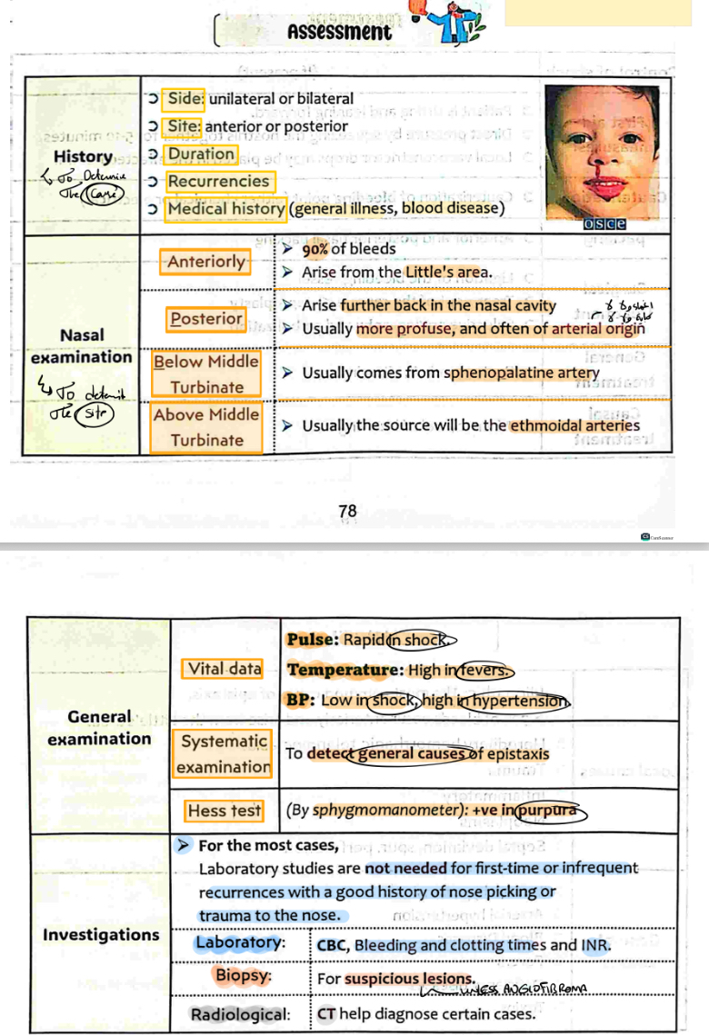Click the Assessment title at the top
point(338,33)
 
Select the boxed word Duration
point(201,154)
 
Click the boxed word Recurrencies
point(218,181)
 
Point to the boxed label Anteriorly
point(206,262)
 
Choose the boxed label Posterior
point(207,318)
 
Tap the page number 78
point(347,512)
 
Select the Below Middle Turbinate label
point(206,374)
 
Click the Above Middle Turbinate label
point(206,427)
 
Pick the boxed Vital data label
point(224,669)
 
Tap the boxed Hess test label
point(224,810)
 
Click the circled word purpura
point(546,810)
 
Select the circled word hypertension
point(522,701)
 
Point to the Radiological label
point(240,1014)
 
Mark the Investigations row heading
point(100,934)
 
